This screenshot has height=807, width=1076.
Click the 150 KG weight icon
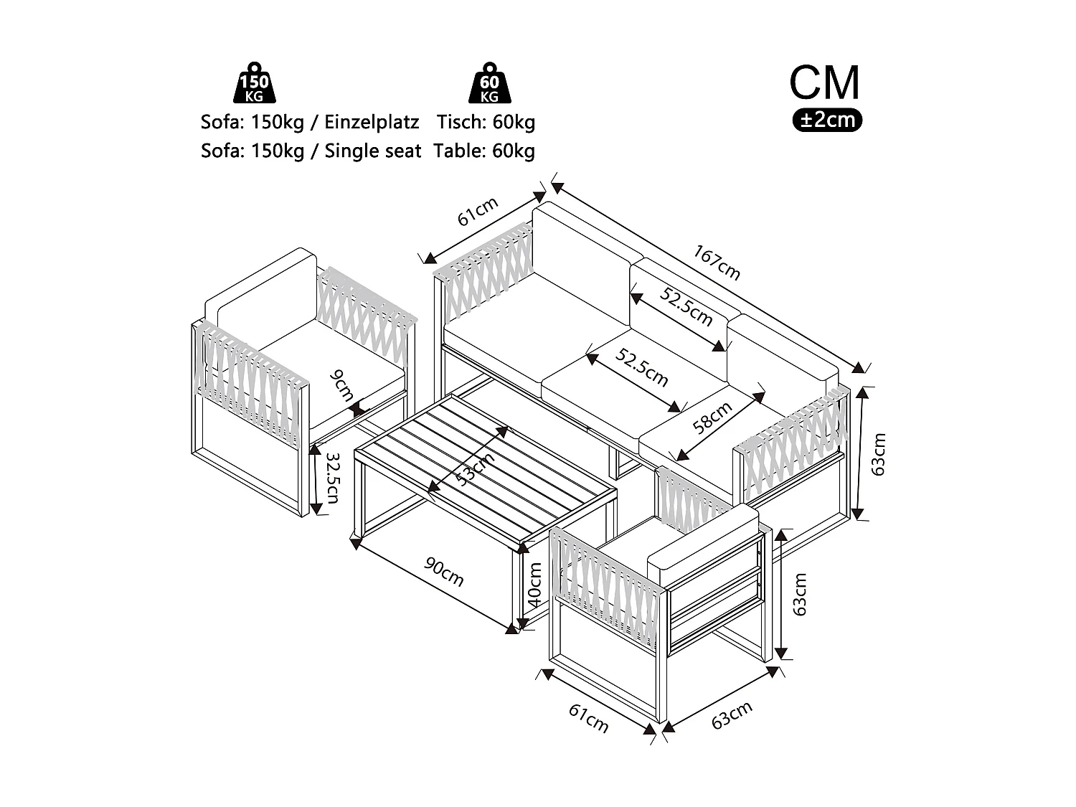255,83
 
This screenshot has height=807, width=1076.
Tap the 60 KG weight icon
489,83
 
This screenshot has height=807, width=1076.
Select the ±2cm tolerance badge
827,120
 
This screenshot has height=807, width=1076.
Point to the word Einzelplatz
372,122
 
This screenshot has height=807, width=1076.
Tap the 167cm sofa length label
717,263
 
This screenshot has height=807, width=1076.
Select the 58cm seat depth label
713,417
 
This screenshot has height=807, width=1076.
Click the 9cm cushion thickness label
342,384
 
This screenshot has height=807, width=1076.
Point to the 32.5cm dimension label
332,477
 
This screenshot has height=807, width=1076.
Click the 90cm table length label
444,571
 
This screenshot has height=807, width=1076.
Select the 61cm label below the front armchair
589,718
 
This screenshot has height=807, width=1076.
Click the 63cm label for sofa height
879,454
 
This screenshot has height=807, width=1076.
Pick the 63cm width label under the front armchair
732,715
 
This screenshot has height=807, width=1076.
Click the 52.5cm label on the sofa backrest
687,307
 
